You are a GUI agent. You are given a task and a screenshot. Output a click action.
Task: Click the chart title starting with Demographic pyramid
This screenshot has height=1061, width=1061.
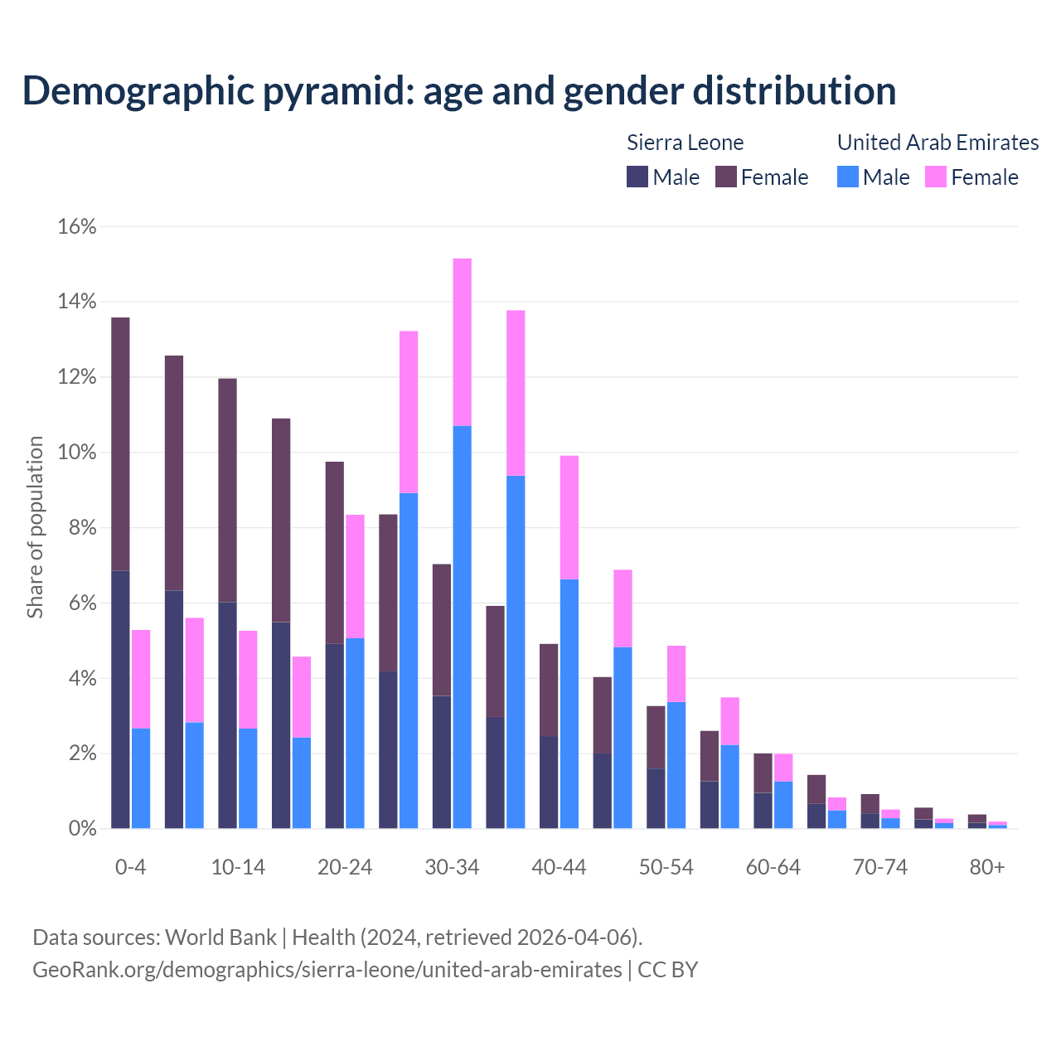tap(459, 91)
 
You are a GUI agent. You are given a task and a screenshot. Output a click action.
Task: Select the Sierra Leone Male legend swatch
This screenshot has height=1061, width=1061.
tap(637, 177)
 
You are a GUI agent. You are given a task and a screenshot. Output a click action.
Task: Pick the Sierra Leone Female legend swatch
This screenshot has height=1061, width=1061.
tap(726, 177)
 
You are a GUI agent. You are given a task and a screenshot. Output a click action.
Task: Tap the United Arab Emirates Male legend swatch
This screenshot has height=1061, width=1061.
tap(847, 177)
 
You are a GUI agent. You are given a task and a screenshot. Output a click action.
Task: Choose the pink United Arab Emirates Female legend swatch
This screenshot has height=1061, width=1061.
tap(936, 177)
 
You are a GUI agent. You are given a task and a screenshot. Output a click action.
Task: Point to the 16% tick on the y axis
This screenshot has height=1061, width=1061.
tap(77, 227)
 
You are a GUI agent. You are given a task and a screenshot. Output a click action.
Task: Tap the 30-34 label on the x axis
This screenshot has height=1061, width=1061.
tap(452, 868)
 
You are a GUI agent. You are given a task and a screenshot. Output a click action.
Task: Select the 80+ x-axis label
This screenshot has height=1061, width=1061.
tap(987, 868)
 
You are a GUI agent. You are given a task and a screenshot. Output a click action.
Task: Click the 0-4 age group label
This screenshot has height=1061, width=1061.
tap(130, 868)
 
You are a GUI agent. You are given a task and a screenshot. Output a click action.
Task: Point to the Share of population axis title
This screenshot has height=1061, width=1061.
tap(36, 528)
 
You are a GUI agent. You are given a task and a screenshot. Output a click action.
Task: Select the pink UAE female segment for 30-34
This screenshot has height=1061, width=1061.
tap(463, 342)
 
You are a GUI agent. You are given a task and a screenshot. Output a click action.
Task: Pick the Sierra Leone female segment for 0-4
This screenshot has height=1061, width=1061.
tap(120, 444)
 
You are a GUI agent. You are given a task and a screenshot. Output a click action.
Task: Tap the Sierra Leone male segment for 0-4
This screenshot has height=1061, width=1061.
tap(120, 700)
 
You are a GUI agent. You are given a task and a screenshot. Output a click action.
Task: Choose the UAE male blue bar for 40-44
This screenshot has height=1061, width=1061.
tap(569, 705)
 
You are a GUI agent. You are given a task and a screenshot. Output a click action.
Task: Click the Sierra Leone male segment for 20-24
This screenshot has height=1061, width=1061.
tap(334, 736)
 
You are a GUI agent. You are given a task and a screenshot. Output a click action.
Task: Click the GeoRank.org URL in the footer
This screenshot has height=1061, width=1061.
tap(327, 970)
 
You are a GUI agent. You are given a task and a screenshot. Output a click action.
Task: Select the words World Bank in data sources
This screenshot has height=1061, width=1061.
tap(220, 937)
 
